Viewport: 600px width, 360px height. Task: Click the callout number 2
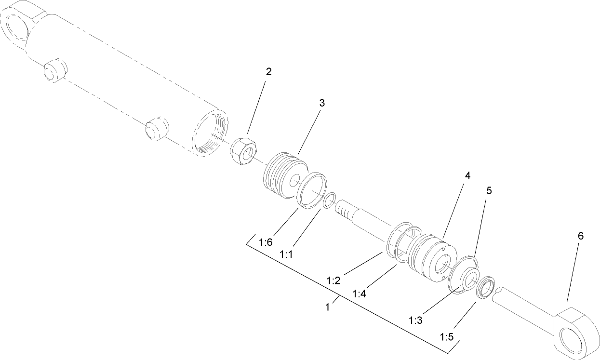coord(269,72)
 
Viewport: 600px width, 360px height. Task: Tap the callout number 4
coord(467,175)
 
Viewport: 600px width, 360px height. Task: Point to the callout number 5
coord(489,190)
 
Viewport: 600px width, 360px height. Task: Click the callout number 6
coord(580,236)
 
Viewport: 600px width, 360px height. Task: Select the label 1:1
coord(286,254)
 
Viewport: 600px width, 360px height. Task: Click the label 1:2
coord(333,280)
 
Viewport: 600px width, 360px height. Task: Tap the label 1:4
coord(359,293)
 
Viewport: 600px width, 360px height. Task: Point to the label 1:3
coord(415,320)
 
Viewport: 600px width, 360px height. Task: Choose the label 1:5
coord(447,335)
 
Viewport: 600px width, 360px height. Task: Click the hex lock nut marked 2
coord(243,151)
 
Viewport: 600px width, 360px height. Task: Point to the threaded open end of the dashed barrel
coord(210,133)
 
